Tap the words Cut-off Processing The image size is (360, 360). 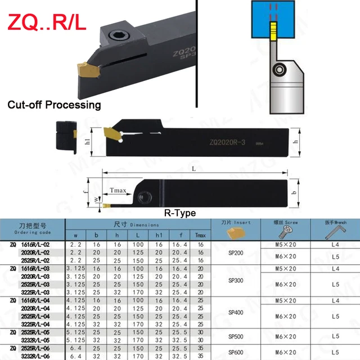tap(54, 105)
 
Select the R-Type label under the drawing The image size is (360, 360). tap(179, 214)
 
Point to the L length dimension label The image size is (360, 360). tap(193, 168)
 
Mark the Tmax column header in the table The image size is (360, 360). tap(199, 235)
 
